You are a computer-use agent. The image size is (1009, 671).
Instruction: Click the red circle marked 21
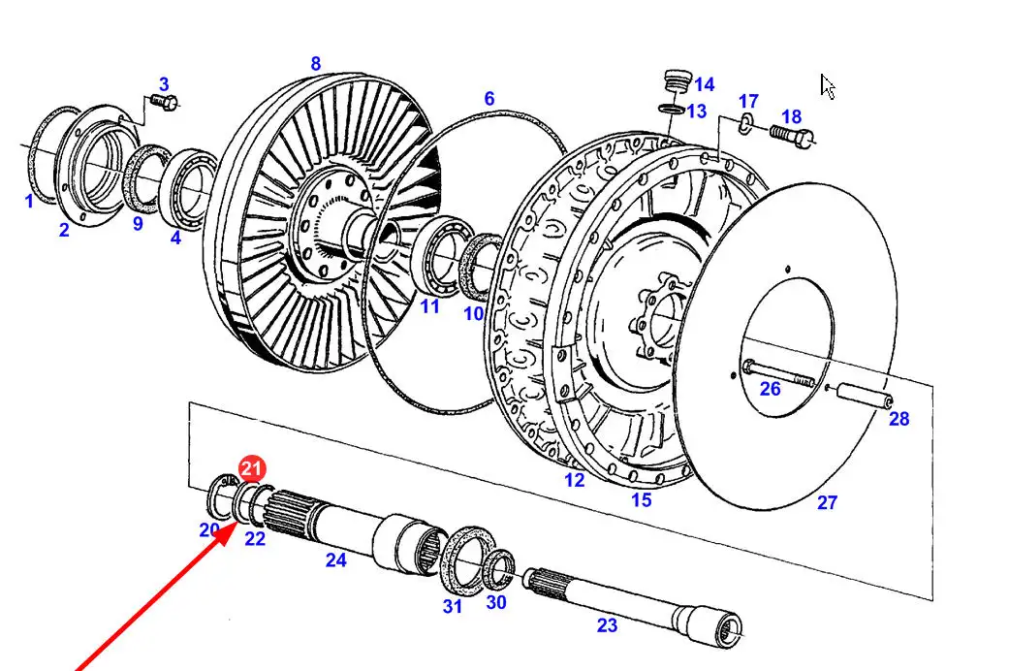252,469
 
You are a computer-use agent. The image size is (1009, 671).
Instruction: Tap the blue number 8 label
315,64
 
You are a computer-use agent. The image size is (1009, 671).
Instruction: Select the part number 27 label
826,502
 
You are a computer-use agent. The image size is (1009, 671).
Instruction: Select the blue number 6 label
489,99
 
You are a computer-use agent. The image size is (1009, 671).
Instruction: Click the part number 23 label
607,625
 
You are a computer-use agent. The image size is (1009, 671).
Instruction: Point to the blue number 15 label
641,500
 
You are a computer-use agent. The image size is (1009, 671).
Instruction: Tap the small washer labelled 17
743,121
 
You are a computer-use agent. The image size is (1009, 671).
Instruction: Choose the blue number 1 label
29,201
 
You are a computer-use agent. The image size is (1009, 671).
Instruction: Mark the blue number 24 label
335,559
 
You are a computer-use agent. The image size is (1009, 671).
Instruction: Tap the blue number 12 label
575,479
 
